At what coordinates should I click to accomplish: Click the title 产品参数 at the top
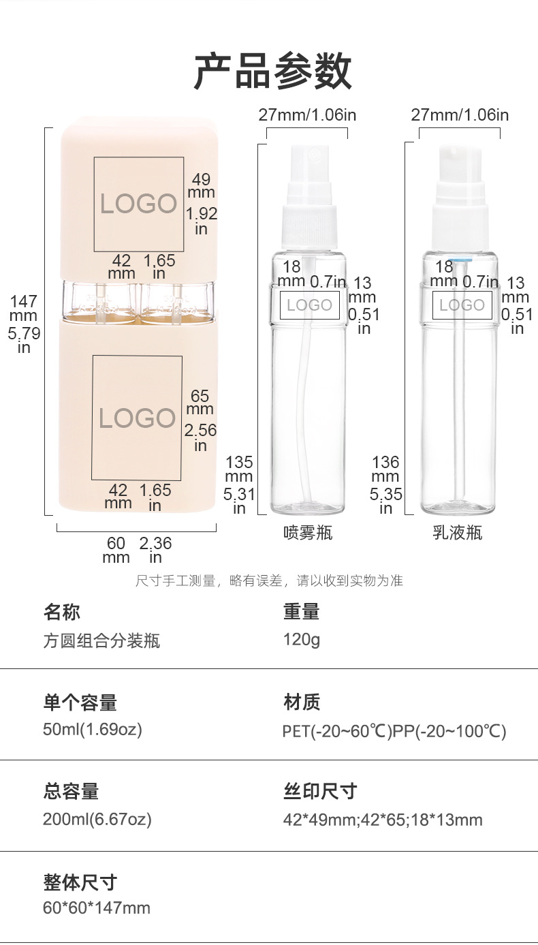click(x=272, y=71)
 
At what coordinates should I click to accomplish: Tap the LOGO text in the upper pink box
click(x=138, y=204)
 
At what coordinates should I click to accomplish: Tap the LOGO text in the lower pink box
click(x=137, y=418)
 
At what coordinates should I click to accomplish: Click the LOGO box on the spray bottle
click(x=309, y=305)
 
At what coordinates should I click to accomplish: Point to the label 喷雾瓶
click(x=308, y=533)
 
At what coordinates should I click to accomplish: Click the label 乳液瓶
click(x=458, y=533)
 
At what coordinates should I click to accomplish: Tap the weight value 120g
click(x=302, y=640)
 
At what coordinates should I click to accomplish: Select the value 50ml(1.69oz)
click(x=93, y=730)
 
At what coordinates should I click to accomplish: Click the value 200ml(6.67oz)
click(x=97, y=819)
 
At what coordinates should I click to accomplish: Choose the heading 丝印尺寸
click(x=320, y=792)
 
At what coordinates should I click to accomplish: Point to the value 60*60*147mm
click(x=97, y=908)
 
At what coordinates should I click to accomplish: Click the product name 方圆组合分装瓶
click(x=101, y=640)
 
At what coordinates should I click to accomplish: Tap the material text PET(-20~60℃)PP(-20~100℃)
click(x=394, y=731)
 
